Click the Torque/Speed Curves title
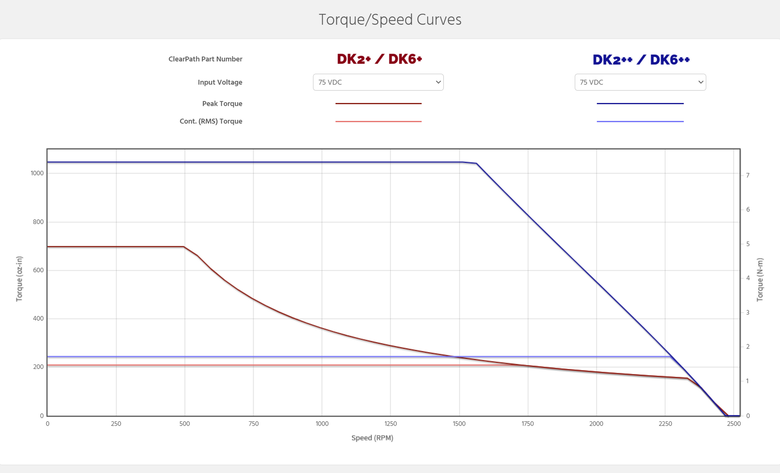pos(390,20)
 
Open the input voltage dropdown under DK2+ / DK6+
pos(378,82)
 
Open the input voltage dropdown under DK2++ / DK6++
pos(640,82)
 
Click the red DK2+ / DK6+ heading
pos(379,59)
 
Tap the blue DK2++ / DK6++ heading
pos(641,60)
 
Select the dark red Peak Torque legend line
pos(378,103)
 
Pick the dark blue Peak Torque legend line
pos(640,103)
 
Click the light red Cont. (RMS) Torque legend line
pos(378,121)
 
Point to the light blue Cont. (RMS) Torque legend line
pos(640,121)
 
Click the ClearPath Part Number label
pos(205,59)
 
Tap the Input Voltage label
pos(220,82)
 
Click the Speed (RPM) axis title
pos(372,438)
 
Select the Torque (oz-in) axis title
pos(19,279)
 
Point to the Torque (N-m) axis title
pos(760,279)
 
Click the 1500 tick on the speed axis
pos(459,424)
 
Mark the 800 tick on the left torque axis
pos(38,222)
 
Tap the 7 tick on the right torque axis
pos(748,175)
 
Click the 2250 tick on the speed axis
pos(665,424)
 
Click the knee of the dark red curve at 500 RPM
pos(184,247)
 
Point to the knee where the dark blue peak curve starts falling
pos(476,163)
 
